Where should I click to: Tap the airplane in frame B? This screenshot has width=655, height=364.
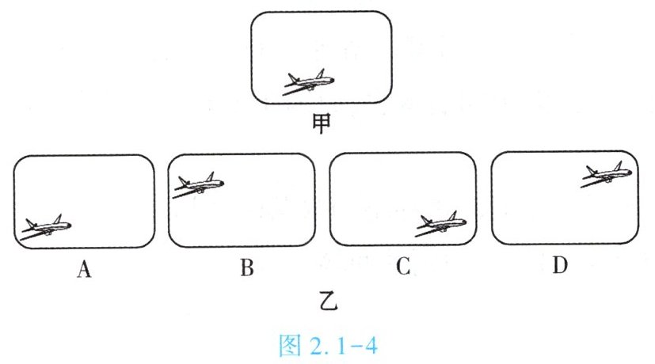point(199,184)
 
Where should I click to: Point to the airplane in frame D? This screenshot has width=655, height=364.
point(608,174)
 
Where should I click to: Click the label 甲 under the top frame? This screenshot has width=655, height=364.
point(322,124)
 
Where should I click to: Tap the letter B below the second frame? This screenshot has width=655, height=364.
point(246,269)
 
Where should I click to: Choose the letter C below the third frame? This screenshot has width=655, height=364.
point(402,269)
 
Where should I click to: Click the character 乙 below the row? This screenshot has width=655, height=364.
point(322,302)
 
